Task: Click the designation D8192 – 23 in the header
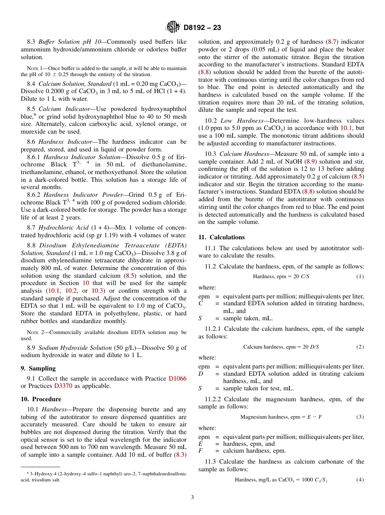[202, 28]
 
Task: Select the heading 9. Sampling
[38, 368]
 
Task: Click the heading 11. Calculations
[221, 237]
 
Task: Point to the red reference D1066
[178, 379]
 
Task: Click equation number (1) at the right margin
[360, 277]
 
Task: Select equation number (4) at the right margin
[360, 480]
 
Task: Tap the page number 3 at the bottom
[192, 497]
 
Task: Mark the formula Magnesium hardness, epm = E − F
[281, 417]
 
